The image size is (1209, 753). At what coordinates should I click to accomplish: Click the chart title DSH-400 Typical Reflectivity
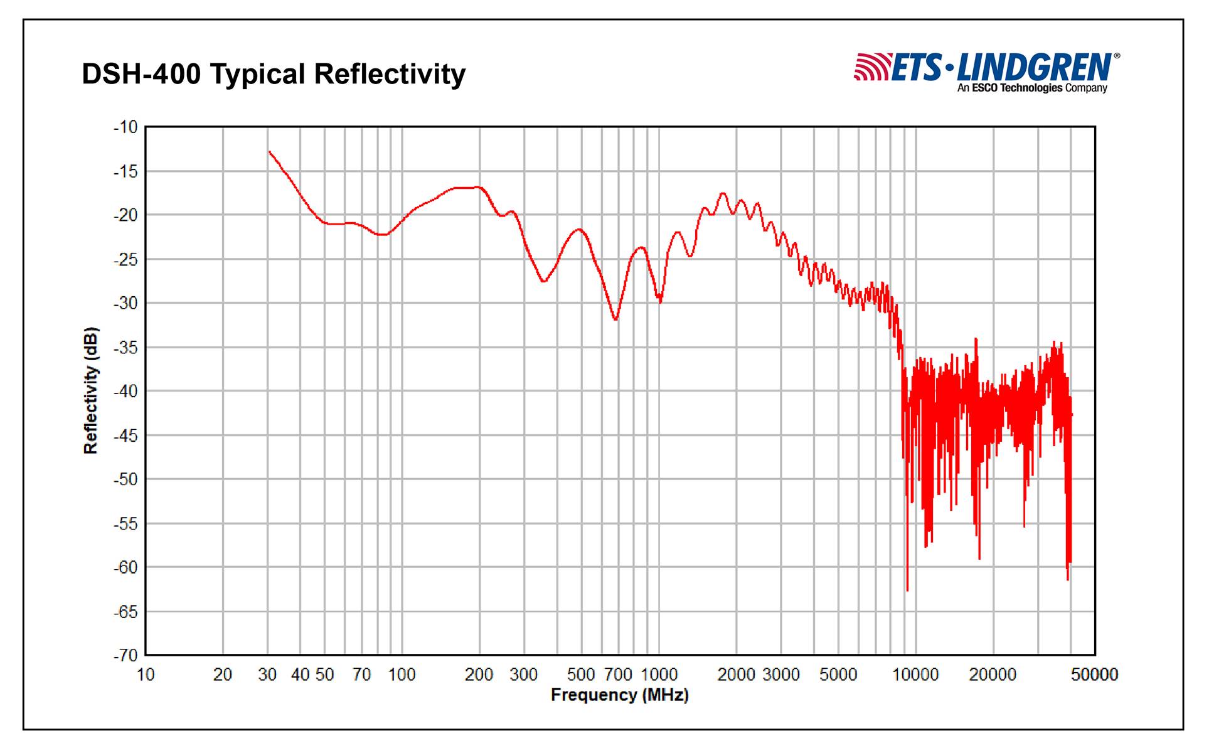pos(274,74)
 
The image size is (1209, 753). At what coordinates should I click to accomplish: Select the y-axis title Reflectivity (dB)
pos(92,390)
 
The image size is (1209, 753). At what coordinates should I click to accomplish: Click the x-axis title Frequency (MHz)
pos(619,695)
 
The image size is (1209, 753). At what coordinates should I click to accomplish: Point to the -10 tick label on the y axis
pos(125,127)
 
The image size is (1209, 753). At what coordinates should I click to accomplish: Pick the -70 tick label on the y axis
pos(125,656)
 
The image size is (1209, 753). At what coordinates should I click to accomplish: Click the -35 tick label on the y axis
pos(125,348)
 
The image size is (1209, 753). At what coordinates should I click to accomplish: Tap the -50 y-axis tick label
pos(125,479)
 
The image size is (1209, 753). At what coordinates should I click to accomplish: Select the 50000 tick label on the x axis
pos(1094,675)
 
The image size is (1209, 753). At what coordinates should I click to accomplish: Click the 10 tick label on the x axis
pos(146,675)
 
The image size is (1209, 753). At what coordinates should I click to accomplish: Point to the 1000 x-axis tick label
pos(659,675)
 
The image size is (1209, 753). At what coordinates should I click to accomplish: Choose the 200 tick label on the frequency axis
pos(479,675)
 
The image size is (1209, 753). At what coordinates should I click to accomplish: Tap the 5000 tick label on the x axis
pos(838,675)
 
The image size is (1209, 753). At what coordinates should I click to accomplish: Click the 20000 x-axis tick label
pos(993,675)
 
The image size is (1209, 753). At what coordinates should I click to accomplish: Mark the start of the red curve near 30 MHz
pos(270,152)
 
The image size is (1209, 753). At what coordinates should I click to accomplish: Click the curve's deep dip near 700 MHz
pos(615,319)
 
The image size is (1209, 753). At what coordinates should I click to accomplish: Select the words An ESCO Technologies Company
pos(1032,88)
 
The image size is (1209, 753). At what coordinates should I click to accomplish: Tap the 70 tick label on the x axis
pos(362,675)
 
